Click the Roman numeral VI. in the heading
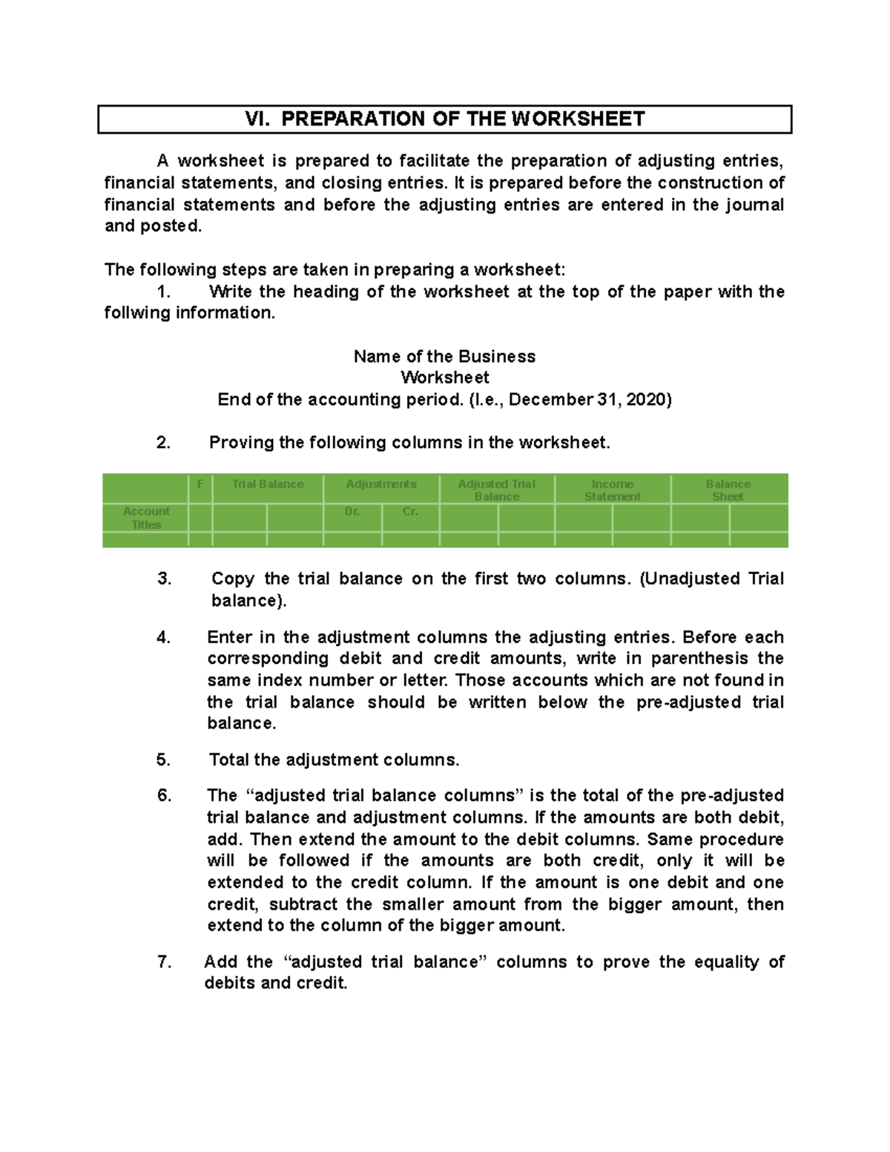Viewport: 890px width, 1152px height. [257, 119]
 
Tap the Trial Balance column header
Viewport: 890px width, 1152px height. [268, 484]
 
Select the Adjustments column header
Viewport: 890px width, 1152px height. [381, 484]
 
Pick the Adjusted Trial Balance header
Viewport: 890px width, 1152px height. [497, 490]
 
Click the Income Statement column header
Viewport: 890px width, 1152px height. [613, 490]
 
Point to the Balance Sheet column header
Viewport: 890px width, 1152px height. [728, 490]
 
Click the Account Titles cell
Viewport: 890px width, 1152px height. [146, 518]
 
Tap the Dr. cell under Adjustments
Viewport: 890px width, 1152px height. [352, 512]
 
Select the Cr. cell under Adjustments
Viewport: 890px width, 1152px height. [410, 512]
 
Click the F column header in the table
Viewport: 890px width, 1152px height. [200, 484]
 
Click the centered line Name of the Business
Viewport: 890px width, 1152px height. [444, 357]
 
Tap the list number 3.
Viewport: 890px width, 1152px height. [164, 579]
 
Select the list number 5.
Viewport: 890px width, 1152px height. [164, 760]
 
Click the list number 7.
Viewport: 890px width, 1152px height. [164, 962]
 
